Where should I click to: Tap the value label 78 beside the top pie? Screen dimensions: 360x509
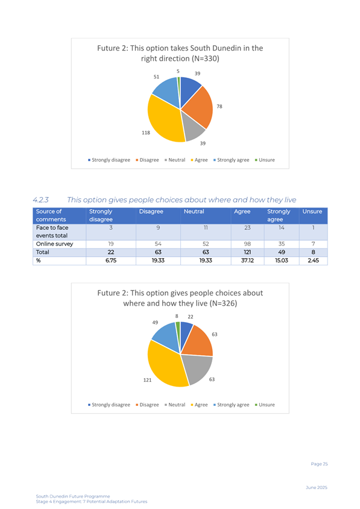click(x=219, y=107)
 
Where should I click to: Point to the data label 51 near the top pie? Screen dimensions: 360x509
click(x=156, y=77)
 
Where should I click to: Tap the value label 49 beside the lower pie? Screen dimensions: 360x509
click(x=155, y=323)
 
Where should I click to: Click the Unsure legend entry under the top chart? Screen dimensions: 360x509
click(x=265, y=160)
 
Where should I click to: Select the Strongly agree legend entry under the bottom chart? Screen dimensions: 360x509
click(x=231, y=405)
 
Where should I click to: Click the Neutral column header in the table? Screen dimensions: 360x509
click(x=194, y=212)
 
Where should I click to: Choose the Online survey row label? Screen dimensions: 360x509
click(x=54, y=244)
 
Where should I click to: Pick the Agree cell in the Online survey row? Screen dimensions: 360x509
click(x=247, y=244)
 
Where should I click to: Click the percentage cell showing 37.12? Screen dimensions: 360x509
click(x=247, y=261)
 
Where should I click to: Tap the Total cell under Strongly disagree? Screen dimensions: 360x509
click(x=111, y=252)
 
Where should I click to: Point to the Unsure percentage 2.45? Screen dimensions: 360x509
click(x=313, y=261)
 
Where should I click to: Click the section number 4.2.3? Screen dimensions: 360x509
click(x=40, y=200)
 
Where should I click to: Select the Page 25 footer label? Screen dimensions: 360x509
click(x=319, y=464)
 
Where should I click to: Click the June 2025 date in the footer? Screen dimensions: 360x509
click(x=317, y=487)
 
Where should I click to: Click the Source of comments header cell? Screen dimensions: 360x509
click(x=60, y=215)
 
